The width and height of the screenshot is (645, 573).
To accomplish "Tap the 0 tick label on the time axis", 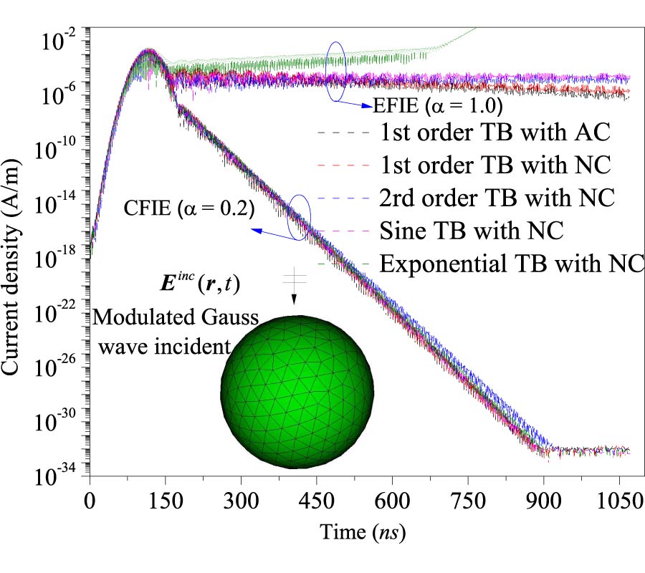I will [x=90, y=499].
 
